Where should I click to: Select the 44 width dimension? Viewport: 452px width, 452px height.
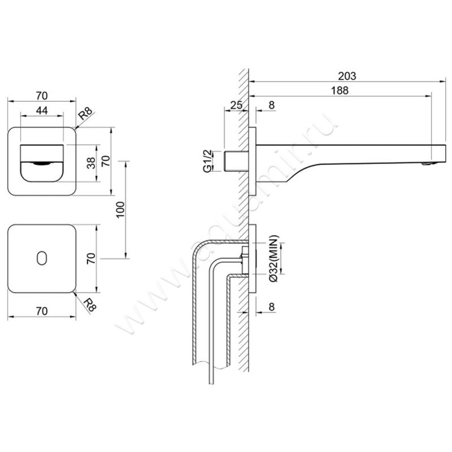tap(41, 111)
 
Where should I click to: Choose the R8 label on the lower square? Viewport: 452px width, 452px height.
tap(88, 305)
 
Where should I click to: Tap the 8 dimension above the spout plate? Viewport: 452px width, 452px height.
tap(272, 105)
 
